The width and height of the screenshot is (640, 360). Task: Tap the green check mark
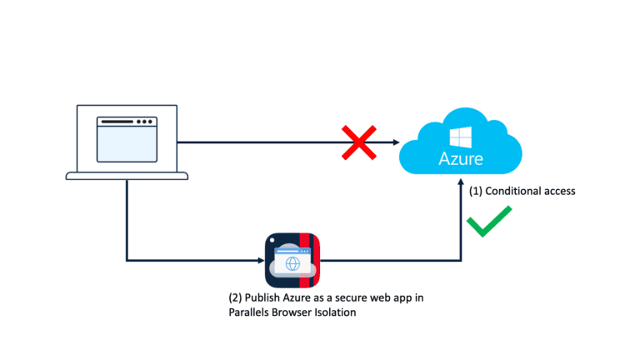pyautogui.click(x=487, y=224)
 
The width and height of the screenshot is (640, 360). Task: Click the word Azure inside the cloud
pyautogui.click(x=461, y=157)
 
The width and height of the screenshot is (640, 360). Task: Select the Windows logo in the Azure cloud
pyautogui.click(x=460, y=137)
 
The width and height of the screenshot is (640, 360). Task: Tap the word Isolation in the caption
pyautogui.click(x=357, y=312)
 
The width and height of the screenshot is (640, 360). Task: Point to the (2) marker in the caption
pyautogui.click(x=236, y=297)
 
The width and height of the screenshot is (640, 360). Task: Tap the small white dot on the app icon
pyautogui.click(x=272, y=240)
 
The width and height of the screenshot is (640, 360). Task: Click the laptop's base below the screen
pyautogui.click(x=127, y=175)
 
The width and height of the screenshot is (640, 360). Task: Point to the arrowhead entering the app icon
pyautogui.click(x=260, y=261)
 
